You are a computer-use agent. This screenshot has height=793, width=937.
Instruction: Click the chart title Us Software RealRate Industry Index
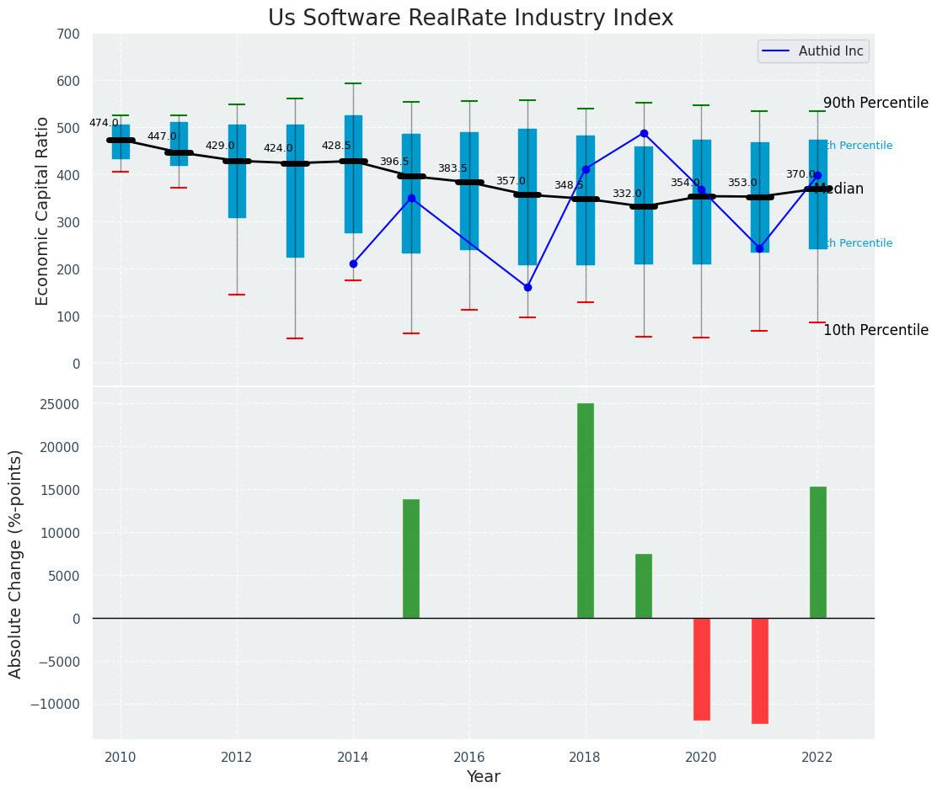(470, 19)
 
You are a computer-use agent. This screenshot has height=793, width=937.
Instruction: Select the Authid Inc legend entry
(813, 51)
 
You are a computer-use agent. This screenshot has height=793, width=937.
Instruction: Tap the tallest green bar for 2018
(586, 511)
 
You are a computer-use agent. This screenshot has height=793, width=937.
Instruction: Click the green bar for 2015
(411, 559)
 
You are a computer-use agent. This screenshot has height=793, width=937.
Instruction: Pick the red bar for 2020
(702, 669)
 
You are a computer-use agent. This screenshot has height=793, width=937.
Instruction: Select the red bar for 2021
(760, 671)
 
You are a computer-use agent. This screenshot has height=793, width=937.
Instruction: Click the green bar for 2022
(818, 552)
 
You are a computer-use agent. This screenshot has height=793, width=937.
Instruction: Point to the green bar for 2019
(644, 586)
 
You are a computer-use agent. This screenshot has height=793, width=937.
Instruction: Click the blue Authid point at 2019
(644, 133)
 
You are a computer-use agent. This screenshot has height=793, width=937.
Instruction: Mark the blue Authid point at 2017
(527, 287)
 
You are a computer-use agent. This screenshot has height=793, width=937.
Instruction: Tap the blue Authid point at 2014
(353, 263)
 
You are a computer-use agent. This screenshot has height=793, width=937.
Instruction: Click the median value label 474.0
(104, 123)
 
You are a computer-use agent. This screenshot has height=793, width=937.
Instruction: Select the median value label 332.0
(627, 194)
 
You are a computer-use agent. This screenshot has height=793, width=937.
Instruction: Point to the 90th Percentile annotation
(875, 103)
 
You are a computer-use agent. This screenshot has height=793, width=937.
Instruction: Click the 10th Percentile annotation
(875, 330)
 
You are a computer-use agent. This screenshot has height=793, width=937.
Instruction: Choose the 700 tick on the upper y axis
(69, 34)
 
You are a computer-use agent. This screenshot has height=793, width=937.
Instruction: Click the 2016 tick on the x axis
(469, 756)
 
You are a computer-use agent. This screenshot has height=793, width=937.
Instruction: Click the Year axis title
(484, 777)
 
